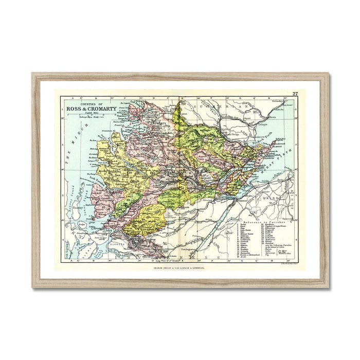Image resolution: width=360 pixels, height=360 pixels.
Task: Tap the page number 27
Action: [x=295, y=93]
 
